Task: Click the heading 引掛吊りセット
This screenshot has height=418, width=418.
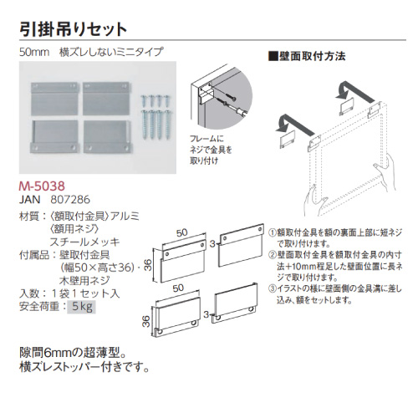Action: pyautogui.click(x=73, y=29)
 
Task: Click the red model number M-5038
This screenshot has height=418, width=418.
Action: pyautogui.click(x=42, y=186)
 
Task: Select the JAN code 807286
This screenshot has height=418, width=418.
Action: pyautogui.click(x=70, y=200)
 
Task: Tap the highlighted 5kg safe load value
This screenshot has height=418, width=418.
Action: pyautogui.click(x=81, y=307)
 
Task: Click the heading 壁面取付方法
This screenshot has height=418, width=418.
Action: pyautogui.click(x=307, y=56)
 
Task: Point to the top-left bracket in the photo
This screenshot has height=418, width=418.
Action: pyautogui.click(x=54, y=99)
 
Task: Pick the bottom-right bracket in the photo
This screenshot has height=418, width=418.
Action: pyautogui.click(x=107, y=137)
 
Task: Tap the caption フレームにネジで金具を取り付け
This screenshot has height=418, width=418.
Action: pyautogui.click(x=211, y=150)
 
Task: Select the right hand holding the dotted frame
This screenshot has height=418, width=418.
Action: pyautogui.click(x=386, y=173)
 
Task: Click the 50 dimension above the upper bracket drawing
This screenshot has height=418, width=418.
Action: pyautogui.click(x=181, y=232)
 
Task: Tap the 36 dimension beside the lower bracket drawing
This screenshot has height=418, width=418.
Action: pyautogui.click(x=146, y=321)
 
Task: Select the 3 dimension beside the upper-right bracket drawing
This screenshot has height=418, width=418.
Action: pyautogui.click(x=212, y=244)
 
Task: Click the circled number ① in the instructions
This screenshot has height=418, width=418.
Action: pyautogui.click(x=272, y=232)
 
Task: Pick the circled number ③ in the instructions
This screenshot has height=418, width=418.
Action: pyautogui.click(x=272, y=288)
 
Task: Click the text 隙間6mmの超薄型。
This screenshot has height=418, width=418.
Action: pyautogui.click(x=73, y=354)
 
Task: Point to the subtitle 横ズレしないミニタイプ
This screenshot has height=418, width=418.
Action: pyautogui.click(x=110, y=52)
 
